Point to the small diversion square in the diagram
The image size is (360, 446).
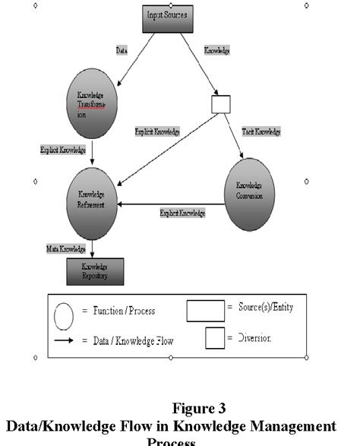click(221, 103)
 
